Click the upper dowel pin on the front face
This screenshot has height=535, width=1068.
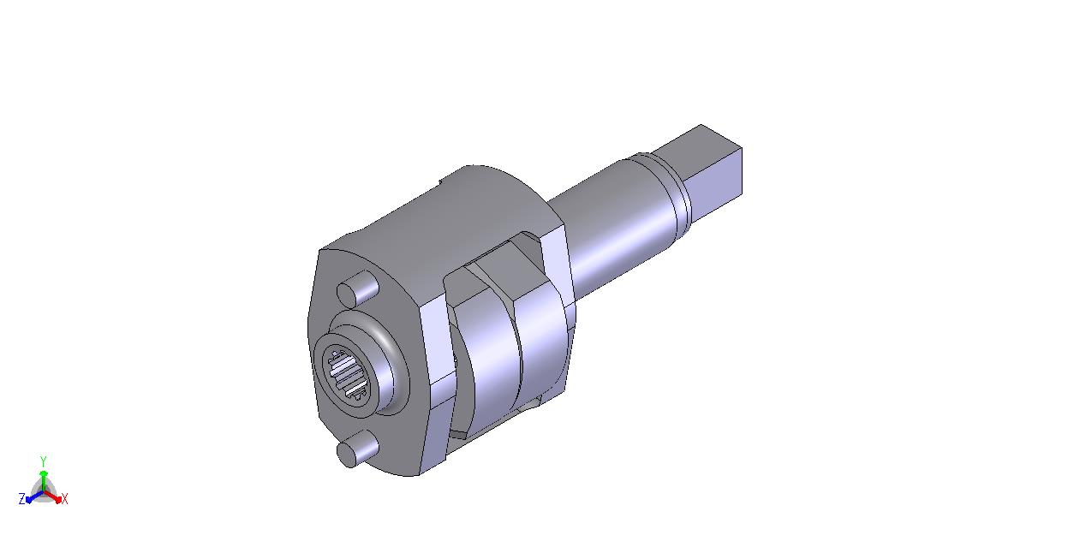[358, 288]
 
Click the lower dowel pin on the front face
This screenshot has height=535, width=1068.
[358, 449]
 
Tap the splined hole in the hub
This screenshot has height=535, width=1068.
[348, 373]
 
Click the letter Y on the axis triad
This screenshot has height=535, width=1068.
[43, 461]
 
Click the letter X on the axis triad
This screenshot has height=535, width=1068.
[64, 499]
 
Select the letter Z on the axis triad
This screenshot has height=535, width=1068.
[22, 499]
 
